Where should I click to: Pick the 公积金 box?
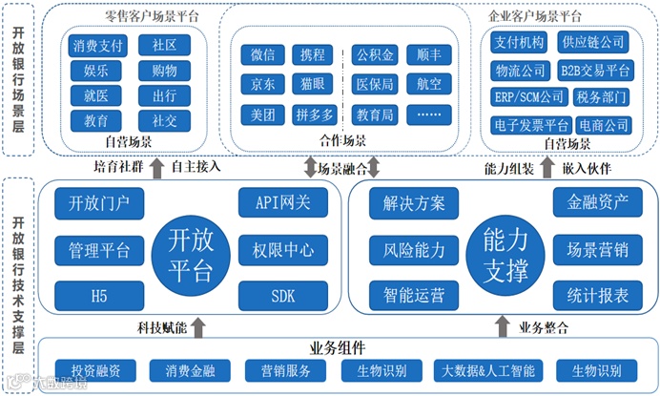[376, 54]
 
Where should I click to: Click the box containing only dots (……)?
[429, 115]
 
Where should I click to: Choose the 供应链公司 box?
[593, 42]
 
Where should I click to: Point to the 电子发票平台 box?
[531, 125]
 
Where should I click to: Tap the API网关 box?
[284, 202]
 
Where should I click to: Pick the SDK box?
[284, 296]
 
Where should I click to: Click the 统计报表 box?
[597, 296]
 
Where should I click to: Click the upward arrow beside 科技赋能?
[198, 328]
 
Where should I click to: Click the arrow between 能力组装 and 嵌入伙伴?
[547, 165]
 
